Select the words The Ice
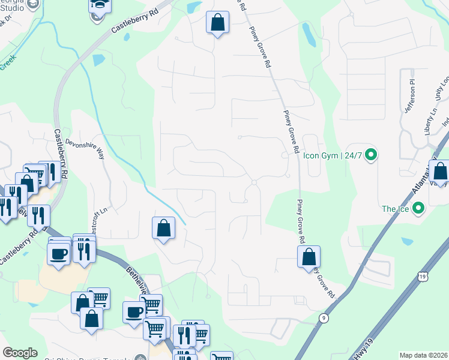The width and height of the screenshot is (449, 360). (x=394, y=209)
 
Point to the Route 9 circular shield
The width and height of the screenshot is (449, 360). (x=324, y=318)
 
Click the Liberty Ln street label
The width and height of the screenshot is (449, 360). (x=430, y=121)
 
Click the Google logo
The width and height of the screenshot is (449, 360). (x=20, y=353)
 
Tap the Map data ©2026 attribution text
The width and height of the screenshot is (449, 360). (x=423, y=355)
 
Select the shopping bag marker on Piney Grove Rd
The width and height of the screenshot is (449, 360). (x=309, y=256)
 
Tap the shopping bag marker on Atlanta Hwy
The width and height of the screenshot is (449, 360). (x=440, y=172)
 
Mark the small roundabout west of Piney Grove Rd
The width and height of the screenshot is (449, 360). (x=255, y=182)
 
